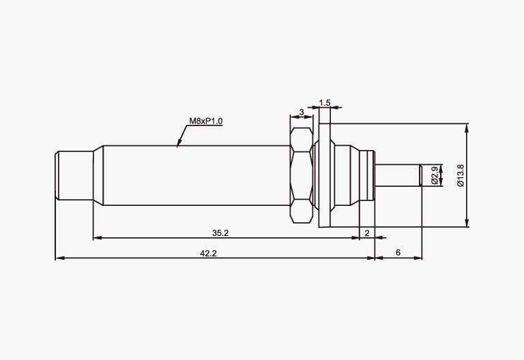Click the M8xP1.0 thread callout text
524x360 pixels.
pos(206,121)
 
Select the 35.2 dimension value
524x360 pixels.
pos(220,233)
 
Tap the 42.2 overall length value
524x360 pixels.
pos(208,254)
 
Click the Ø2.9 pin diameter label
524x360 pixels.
pos(435,175)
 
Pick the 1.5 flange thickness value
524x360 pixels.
pos(325,103)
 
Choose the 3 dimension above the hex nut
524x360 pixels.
pos(302,112)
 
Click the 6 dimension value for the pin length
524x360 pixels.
pos(398,252)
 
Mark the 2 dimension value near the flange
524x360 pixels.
pos(367,233)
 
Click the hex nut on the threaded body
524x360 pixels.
pos(302,175)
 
